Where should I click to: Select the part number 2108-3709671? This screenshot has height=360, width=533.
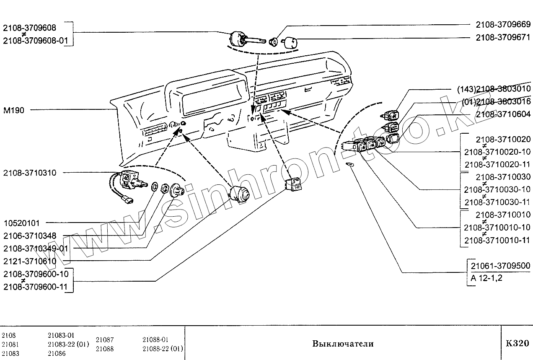(503, 37)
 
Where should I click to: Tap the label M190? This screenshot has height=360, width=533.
(14, 110)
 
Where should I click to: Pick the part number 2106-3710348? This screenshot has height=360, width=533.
(29, 236)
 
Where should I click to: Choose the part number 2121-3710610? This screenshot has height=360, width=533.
(29, 261)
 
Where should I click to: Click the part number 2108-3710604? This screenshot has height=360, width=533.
(503, 114)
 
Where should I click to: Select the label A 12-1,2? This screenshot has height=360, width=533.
(486, 278)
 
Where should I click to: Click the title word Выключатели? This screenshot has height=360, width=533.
(342, 344)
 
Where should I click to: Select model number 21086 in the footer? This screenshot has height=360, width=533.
(57, 353)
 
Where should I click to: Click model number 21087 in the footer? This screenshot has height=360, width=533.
(105, 340)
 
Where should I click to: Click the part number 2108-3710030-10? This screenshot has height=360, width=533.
(497, 189)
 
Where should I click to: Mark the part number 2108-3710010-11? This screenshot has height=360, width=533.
(497, 240)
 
